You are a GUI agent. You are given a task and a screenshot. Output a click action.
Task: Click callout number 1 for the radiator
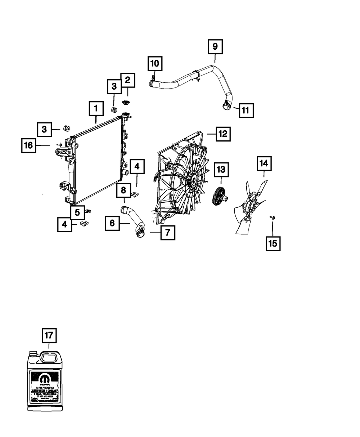click(x=96, y=108)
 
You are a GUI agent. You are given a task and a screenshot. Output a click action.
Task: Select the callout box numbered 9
click(x=215, y=46)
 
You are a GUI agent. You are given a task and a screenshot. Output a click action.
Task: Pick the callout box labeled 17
click(x=49, y=336)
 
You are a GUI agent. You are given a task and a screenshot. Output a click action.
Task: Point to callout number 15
click(x=273, y=243)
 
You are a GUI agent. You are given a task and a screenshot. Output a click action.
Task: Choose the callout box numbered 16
click(x=28, y=145)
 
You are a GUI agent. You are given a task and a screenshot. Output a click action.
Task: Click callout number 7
click(x=168, y=233)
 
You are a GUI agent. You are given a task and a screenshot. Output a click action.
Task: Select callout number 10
click(x=154, y=64)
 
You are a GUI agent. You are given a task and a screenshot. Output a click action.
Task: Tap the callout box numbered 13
click(x=221, y=168)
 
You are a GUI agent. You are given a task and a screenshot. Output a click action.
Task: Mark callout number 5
click(x=77, y=212)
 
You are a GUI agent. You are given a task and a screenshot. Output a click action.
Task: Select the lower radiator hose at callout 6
click(x=131, y=221)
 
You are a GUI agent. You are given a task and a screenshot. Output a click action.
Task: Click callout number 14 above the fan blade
click(x=264, y=163)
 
